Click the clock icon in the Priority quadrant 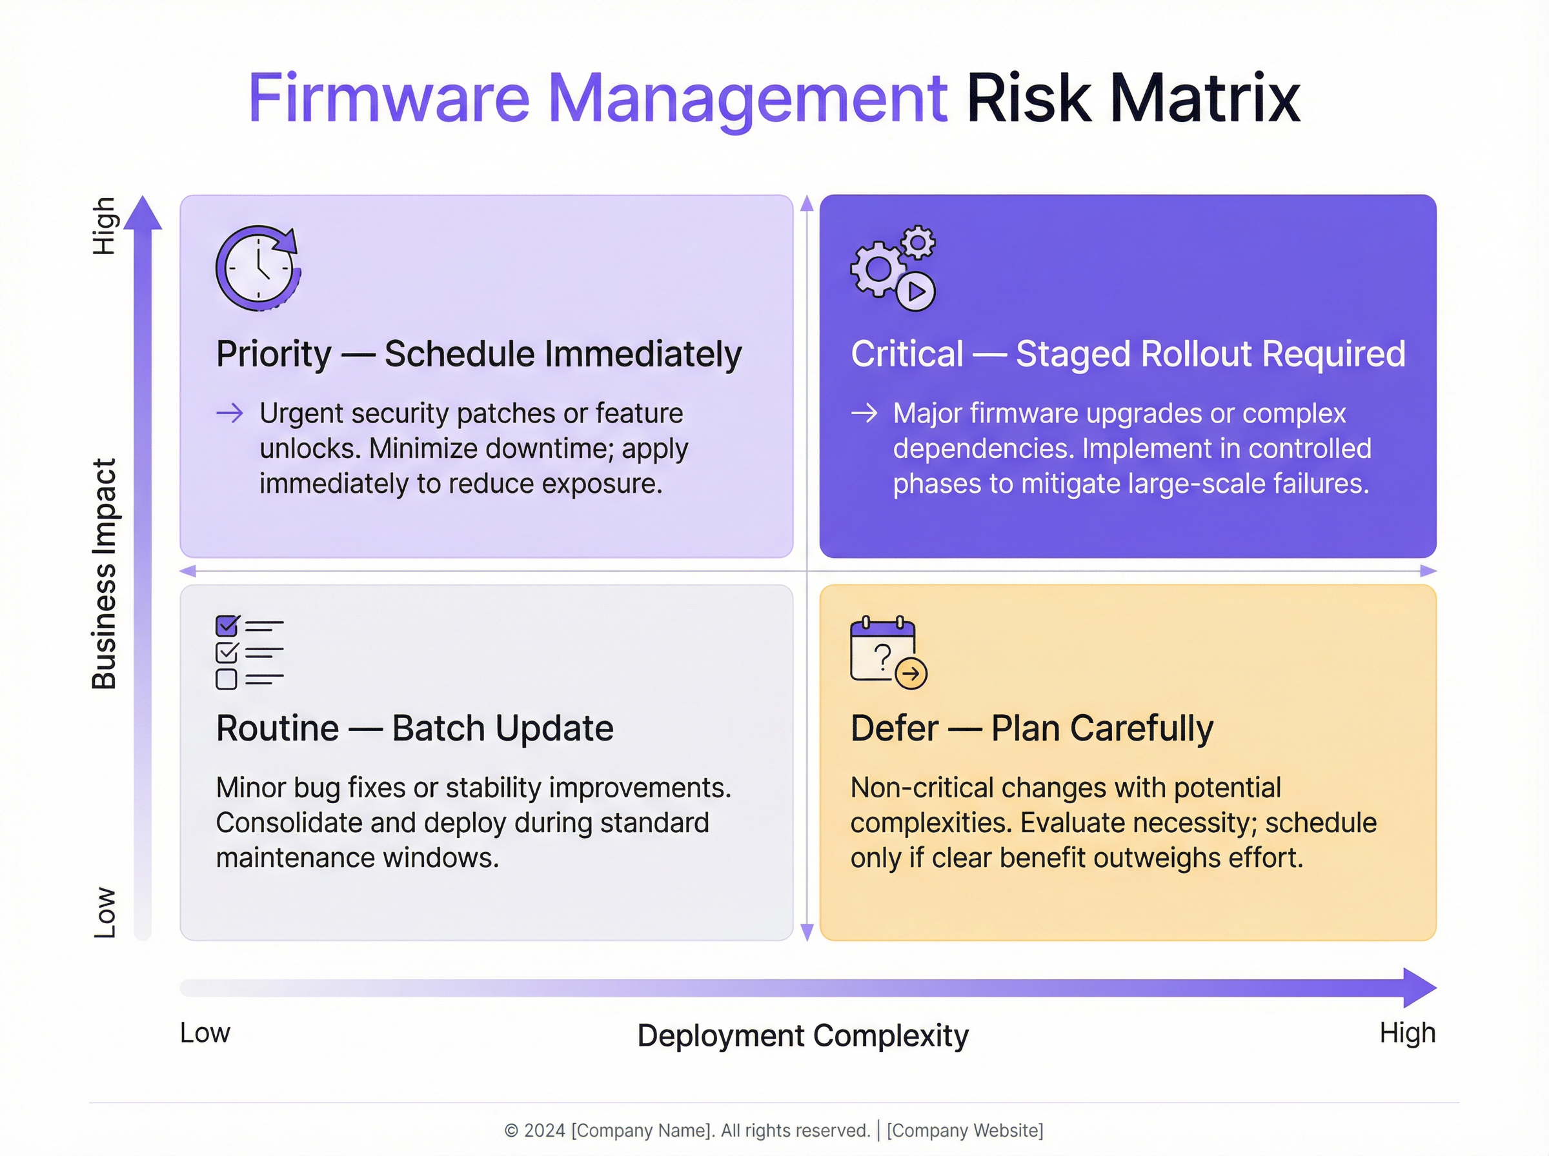click(x=258, y=268)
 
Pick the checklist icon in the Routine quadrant click(x=249, y=652)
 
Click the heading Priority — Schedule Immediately click(x=478, y=354)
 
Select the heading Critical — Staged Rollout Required click(x=1128, y=354)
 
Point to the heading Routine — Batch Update click(x=414, y=728)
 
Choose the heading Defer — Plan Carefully click(x=1032, y=728)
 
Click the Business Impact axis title click(x=105, y=573)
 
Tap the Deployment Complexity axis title click(x=803, y=1035)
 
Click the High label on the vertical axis click(x=105, y=225)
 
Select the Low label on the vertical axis click(x=105, y=913)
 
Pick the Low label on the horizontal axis click(x=205, y=1033)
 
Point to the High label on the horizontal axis click(x=1407, y=1033)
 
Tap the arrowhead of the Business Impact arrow click(x=143, y=213)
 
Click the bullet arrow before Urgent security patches click(x=230, y=413)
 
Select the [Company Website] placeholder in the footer click(x=964, y=1131)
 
